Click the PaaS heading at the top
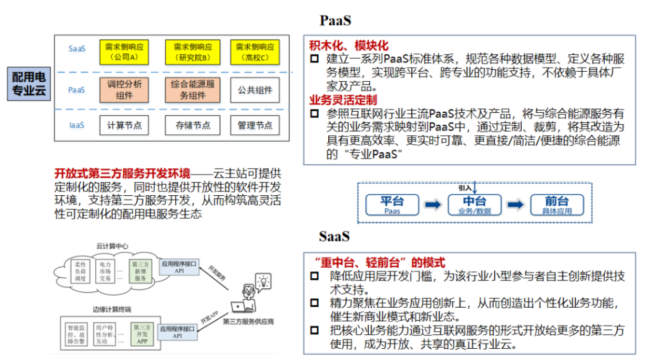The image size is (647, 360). tap(335, 21)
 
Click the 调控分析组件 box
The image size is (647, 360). tap(125, 90)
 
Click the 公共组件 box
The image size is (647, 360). tap(255, 90)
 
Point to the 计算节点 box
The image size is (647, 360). tap(125, 125)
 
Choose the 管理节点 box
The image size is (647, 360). tap(255, 125)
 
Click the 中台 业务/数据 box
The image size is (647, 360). tap(475, 204)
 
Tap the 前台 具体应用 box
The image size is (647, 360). tap(557, 204)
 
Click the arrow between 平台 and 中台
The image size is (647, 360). tap(433, 204)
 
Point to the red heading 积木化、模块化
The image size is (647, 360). tap(349, 46)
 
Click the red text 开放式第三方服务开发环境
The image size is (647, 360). tap(122, 174)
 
